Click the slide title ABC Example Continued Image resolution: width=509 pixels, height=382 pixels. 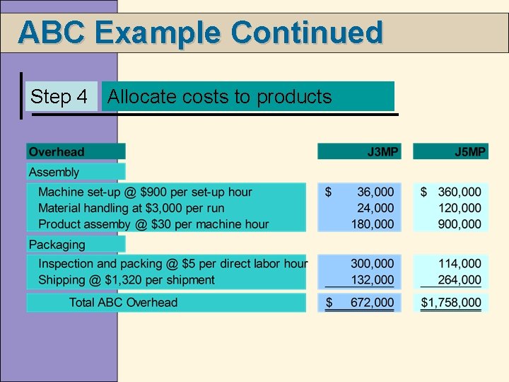(200, 33)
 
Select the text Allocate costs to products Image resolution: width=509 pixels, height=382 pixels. (219, 97)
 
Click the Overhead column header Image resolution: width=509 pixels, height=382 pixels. (57, 151)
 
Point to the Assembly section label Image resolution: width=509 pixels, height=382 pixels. (54, 172)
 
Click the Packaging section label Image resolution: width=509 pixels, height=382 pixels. (57, 245)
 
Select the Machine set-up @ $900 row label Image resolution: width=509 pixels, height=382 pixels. (145, 192)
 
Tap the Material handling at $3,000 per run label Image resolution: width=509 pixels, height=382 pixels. (131, 208)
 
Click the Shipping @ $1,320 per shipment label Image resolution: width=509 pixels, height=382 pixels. (127, 279)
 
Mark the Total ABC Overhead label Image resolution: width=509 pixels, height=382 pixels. (123, 303)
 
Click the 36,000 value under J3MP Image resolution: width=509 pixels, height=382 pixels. (375, 192)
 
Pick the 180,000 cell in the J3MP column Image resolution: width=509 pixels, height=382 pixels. (373, 224)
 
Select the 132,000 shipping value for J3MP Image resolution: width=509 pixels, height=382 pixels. (373, 279)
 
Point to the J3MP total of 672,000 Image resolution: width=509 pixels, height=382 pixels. (373, 303)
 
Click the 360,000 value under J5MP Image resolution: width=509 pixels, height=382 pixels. (460, 192)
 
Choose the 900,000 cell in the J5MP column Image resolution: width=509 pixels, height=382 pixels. (460, 224)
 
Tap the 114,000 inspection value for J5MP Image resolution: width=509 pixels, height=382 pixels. (460, 264)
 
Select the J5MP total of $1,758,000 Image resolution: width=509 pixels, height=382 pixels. (452, 303)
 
